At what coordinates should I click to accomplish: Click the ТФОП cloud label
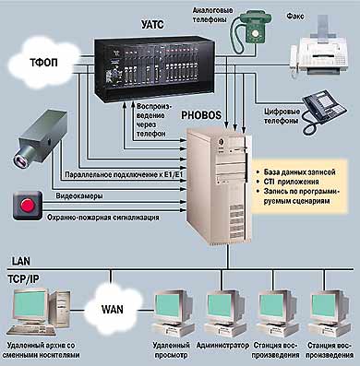[x=43, y=63]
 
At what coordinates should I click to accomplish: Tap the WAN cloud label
[x=113, y=309]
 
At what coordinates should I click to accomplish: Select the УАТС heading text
[x=152, y=24]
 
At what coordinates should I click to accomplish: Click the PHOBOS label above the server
[x=201, y=115]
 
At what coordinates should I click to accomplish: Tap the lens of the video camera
[x=20, y=159]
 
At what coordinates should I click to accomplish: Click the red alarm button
[x=28, y=205]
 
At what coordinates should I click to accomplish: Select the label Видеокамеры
[x=79, y=195]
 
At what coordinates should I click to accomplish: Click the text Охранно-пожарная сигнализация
[x=103, y=218]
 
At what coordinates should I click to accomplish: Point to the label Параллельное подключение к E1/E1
[x=124, y=175]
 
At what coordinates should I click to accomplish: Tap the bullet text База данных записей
[x=299, y=172]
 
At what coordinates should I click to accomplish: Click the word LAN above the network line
[x=21, y=261]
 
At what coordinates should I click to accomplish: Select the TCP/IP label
[x=24, y=278]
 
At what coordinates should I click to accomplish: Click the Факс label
[x=295, y=16]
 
